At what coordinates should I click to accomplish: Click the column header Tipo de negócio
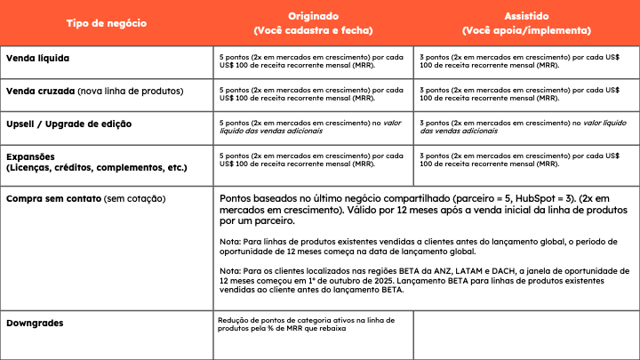[x=107, y=22]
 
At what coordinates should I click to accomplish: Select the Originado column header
[x=314, y=23]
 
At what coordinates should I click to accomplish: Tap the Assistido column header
[x=525, y=23]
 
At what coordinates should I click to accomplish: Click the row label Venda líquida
[x=38, y=59]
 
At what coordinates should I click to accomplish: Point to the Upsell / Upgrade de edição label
[x=68, y=123]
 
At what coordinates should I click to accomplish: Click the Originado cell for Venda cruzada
[x=314, y=94]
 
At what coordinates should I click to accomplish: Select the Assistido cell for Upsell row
[x=525, y=126]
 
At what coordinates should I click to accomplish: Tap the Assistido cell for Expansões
[x=525, y=160]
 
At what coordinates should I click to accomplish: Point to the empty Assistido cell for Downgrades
[x=525, y=333]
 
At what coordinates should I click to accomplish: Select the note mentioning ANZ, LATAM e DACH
[x=425, y=280]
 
